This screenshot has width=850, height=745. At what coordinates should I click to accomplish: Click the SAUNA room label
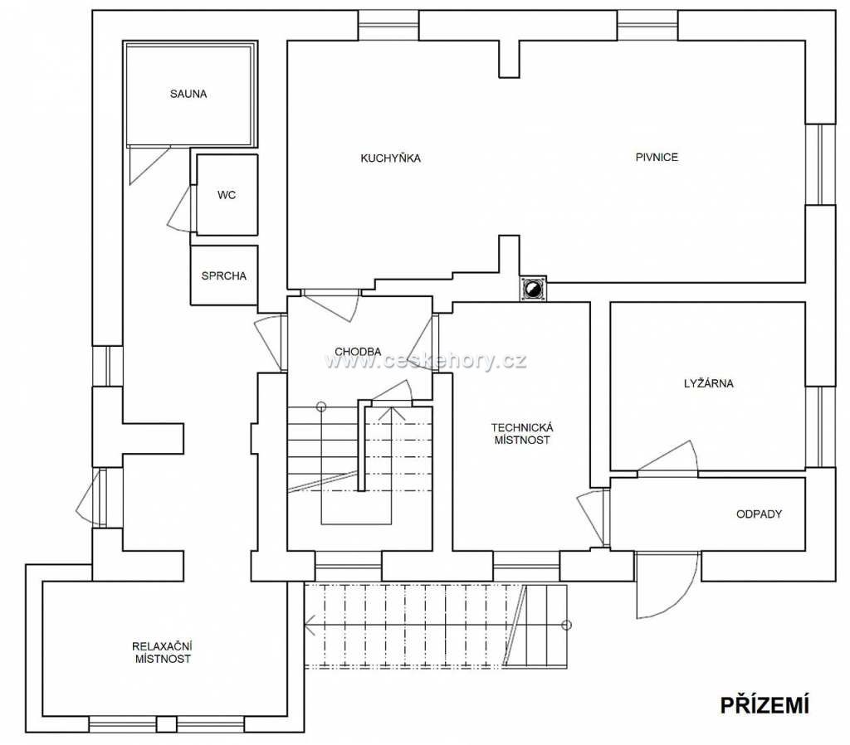188,94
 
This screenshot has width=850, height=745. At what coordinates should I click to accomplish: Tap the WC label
227,195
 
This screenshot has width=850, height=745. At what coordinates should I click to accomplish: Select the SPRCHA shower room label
223,275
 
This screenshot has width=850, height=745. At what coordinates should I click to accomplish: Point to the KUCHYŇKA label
391,158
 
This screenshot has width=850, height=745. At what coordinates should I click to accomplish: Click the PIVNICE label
657,157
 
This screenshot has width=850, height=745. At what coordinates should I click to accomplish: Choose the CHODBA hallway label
358,352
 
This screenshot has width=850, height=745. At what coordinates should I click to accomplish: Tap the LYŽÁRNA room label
709,383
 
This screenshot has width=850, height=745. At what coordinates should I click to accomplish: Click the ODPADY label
759,514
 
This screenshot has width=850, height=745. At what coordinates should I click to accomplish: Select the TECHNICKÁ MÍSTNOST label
522,434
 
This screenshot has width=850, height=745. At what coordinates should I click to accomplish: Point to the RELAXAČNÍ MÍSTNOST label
163,652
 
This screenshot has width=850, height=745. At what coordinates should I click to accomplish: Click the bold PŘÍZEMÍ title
765,705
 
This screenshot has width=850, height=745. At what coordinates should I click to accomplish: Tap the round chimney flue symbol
534,288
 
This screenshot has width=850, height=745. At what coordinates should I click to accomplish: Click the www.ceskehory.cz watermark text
426,360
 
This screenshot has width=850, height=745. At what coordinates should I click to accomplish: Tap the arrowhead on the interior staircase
391,413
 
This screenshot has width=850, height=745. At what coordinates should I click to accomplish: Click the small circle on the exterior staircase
566,625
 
